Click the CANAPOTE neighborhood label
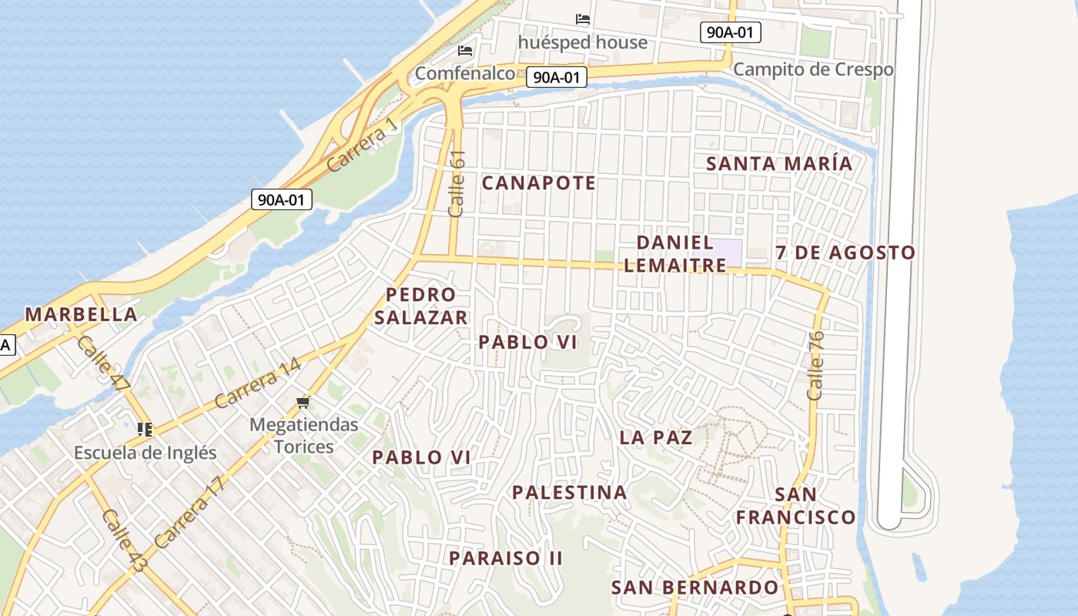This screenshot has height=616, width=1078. pyautogui.click(x=538, y=183)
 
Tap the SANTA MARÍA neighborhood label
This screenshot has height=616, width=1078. pyautogui.click(x=779, y=164)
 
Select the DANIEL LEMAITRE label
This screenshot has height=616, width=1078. pyautogui.click(x=675, y=254)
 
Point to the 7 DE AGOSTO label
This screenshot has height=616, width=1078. pyautogui.click(x=845, y=253)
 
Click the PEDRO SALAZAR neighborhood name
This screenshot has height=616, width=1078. pyautogui.click(x=421, y=306)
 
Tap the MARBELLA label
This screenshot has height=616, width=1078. pyautogui.click(x=82, y=314)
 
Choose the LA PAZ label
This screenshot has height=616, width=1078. pyautogui.click(x=656, y=437)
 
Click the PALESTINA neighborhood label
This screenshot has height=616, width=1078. pyautogui.click(x=569, y=492)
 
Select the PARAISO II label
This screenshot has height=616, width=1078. pyautogui.click(x=506, y=557)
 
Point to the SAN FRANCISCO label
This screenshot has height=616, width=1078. pyautogui.click(x=795, y=505)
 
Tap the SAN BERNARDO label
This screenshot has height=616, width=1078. pyautogui.click(x=695, y=588)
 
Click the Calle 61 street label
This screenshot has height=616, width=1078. pyautogui.click(x=457, y=183)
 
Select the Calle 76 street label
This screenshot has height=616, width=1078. pyautogui.click(x=815, y=365)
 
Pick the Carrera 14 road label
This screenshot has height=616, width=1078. pyautogui.click(x=257, y=383)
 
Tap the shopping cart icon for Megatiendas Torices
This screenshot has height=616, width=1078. pyautogui.click(x=303, y=403)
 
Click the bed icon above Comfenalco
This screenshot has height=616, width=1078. pyautogui.click(x=464, y=51)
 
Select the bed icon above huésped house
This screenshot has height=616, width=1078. pyautogui.click(x=583, y=18)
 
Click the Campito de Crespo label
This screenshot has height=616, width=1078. pyautogui.click(x=813, y=69)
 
